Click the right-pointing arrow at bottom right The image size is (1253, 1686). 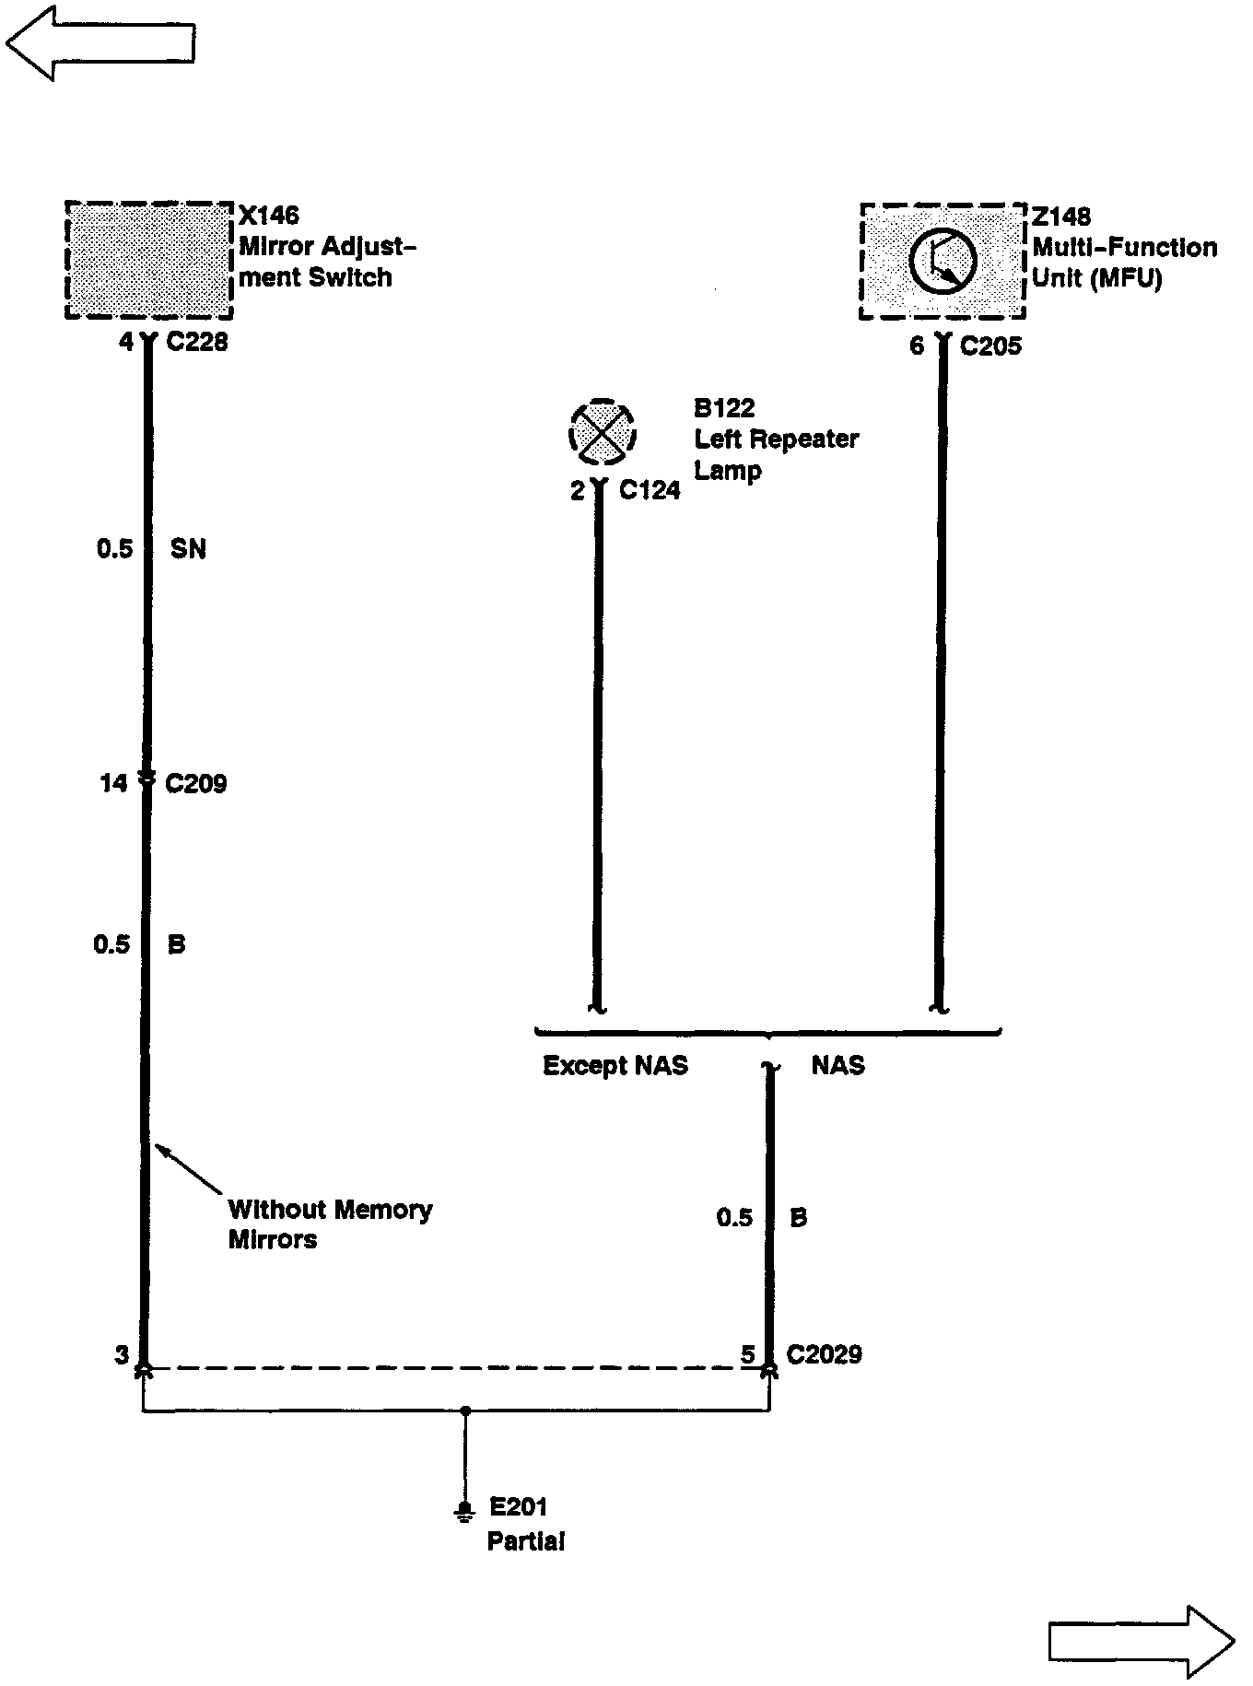coord(1142,1640)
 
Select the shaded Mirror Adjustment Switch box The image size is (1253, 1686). coord(148,260)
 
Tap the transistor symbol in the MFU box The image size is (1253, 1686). coord(942,262)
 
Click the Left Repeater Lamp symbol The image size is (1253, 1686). coord(603,431)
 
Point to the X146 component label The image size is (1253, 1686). coord(269,216)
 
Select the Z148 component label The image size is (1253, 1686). coord(1060,217)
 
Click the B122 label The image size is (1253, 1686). coord(724,408)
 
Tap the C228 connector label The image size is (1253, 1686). coord(196,343)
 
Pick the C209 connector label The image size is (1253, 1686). coord(195,784)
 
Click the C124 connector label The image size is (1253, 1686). coord(650,491)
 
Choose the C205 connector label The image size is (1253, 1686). coord(990,346)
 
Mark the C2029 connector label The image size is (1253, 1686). coord(824,1354)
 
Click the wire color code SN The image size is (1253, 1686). coord(188,549)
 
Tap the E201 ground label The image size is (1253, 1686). coord(518,1507)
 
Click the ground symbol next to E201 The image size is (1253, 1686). coord(464,1511)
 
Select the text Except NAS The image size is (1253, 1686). coord(615,1066)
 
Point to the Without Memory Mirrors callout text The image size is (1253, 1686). coord(330,1224)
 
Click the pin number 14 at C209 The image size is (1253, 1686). coord(113,784)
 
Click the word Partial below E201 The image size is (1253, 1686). coord(525,1540)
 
